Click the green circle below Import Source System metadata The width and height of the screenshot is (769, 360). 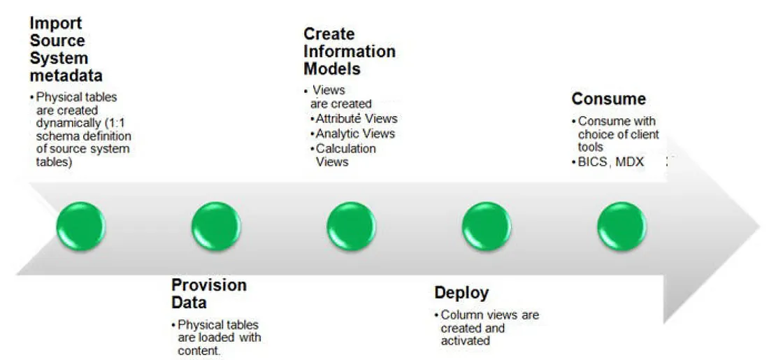coord(81,226)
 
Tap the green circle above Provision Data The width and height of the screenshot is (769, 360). coord(216,226)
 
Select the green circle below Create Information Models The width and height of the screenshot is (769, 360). coord(351,226)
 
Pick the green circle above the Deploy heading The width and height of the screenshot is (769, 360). coord(487,226)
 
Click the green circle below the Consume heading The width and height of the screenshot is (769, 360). coord(621,226)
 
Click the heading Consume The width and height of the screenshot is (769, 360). coord(608,99)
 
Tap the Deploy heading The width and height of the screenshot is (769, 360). coord(461,292)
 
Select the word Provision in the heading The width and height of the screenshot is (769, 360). coord(209,285)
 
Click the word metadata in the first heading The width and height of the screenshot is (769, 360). coord(66,75)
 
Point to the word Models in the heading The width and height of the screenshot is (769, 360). coord(332,69)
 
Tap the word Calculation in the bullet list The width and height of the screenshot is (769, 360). coord(345,148)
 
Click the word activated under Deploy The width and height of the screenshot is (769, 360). coord(465,341)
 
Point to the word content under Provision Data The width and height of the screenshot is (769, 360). coord(199,351)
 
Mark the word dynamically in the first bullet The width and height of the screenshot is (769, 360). coord(67,123)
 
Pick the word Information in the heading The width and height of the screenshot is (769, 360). coord(350,52)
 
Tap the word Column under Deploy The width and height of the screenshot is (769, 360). coord(459,315)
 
